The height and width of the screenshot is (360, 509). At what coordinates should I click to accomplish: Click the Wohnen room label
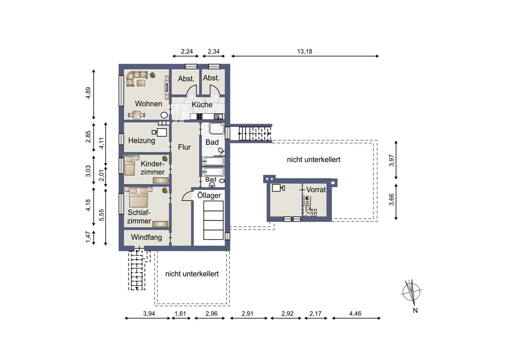pyautogui.click(x=148, y=104)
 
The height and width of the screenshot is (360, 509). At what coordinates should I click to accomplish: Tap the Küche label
pyautogui.click(x=202, y=104)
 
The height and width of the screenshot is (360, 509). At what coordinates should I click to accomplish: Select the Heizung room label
pyautogui.click(x=142, y=141)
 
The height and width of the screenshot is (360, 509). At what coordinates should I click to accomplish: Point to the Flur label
pyautogui.click(x=185, y=147)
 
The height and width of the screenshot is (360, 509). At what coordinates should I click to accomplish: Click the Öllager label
pyautogui.click(x=209, y=195)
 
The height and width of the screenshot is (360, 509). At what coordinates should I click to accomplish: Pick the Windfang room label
pyautogui.click(x=146, y=237)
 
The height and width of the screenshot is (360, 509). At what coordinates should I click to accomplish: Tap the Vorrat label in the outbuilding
pyautogui.click(x=316, y=190)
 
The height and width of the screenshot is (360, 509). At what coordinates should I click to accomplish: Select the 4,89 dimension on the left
pyautogui.click(x=88, y=93)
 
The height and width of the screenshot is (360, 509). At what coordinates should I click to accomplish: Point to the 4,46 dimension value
pyautogui.click(x=356, y=314)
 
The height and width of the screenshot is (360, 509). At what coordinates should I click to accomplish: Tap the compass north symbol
pyautogui.click(x=411, y=292)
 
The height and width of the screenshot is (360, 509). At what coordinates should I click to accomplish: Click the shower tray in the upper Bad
pyautogui.click(x=217, y=129)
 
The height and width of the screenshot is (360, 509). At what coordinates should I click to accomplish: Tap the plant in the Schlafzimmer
pyautogui.click(x=164, y=191)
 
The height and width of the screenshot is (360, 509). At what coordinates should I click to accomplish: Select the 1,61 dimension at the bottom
pyautogui.click(x=181, y=314)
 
